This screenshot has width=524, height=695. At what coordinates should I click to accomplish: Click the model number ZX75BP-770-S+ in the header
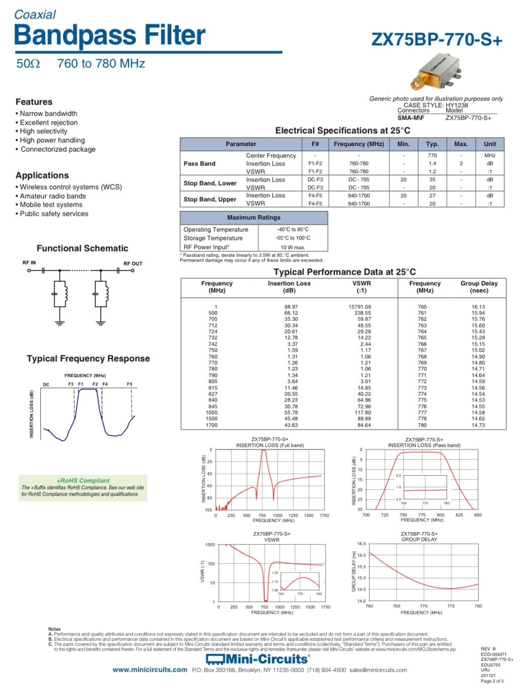click(436, 40)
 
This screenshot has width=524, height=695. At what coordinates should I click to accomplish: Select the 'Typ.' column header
click(432, 144)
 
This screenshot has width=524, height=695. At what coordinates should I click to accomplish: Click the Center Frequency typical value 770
click(432, 156)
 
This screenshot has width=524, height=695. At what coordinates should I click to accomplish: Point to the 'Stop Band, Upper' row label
click(209, 199)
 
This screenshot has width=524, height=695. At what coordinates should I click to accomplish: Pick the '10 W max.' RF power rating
click(292, 247)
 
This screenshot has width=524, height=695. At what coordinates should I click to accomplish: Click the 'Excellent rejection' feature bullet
click(48, 122)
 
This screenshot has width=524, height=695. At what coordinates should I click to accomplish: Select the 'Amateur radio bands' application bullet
click(52, 196)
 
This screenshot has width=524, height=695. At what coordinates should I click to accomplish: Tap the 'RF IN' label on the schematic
click(29, 263)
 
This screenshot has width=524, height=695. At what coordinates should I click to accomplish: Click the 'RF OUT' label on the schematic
click(133, 263)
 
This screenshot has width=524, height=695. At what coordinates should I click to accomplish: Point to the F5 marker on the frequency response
click(129, 384)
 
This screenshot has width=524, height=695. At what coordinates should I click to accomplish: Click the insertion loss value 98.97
click(291, 306)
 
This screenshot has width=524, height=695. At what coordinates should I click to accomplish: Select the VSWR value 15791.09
click(359, 306)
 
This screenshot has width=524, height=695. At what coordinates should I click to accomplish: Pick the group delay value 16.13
click(478, 306)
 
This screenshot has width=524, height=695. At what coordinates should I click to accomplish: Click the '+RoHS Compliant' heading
click(83, 481)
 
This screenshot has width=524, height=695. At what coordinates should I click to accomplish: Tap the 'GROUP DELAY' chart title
click(419, 539)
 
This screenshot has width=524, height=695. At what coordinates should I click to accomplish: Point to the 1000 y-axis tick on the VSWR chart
click(210, 545)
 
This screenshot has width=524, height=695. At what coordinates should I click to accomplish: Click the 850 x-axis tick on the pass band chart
click(478, 515)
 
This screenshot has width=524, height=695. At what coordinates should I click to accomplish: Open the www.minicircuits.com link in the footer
click(149, 670)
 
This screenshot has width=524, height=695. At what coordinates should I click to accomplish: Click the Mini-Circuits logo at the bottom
click(258, 659)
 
